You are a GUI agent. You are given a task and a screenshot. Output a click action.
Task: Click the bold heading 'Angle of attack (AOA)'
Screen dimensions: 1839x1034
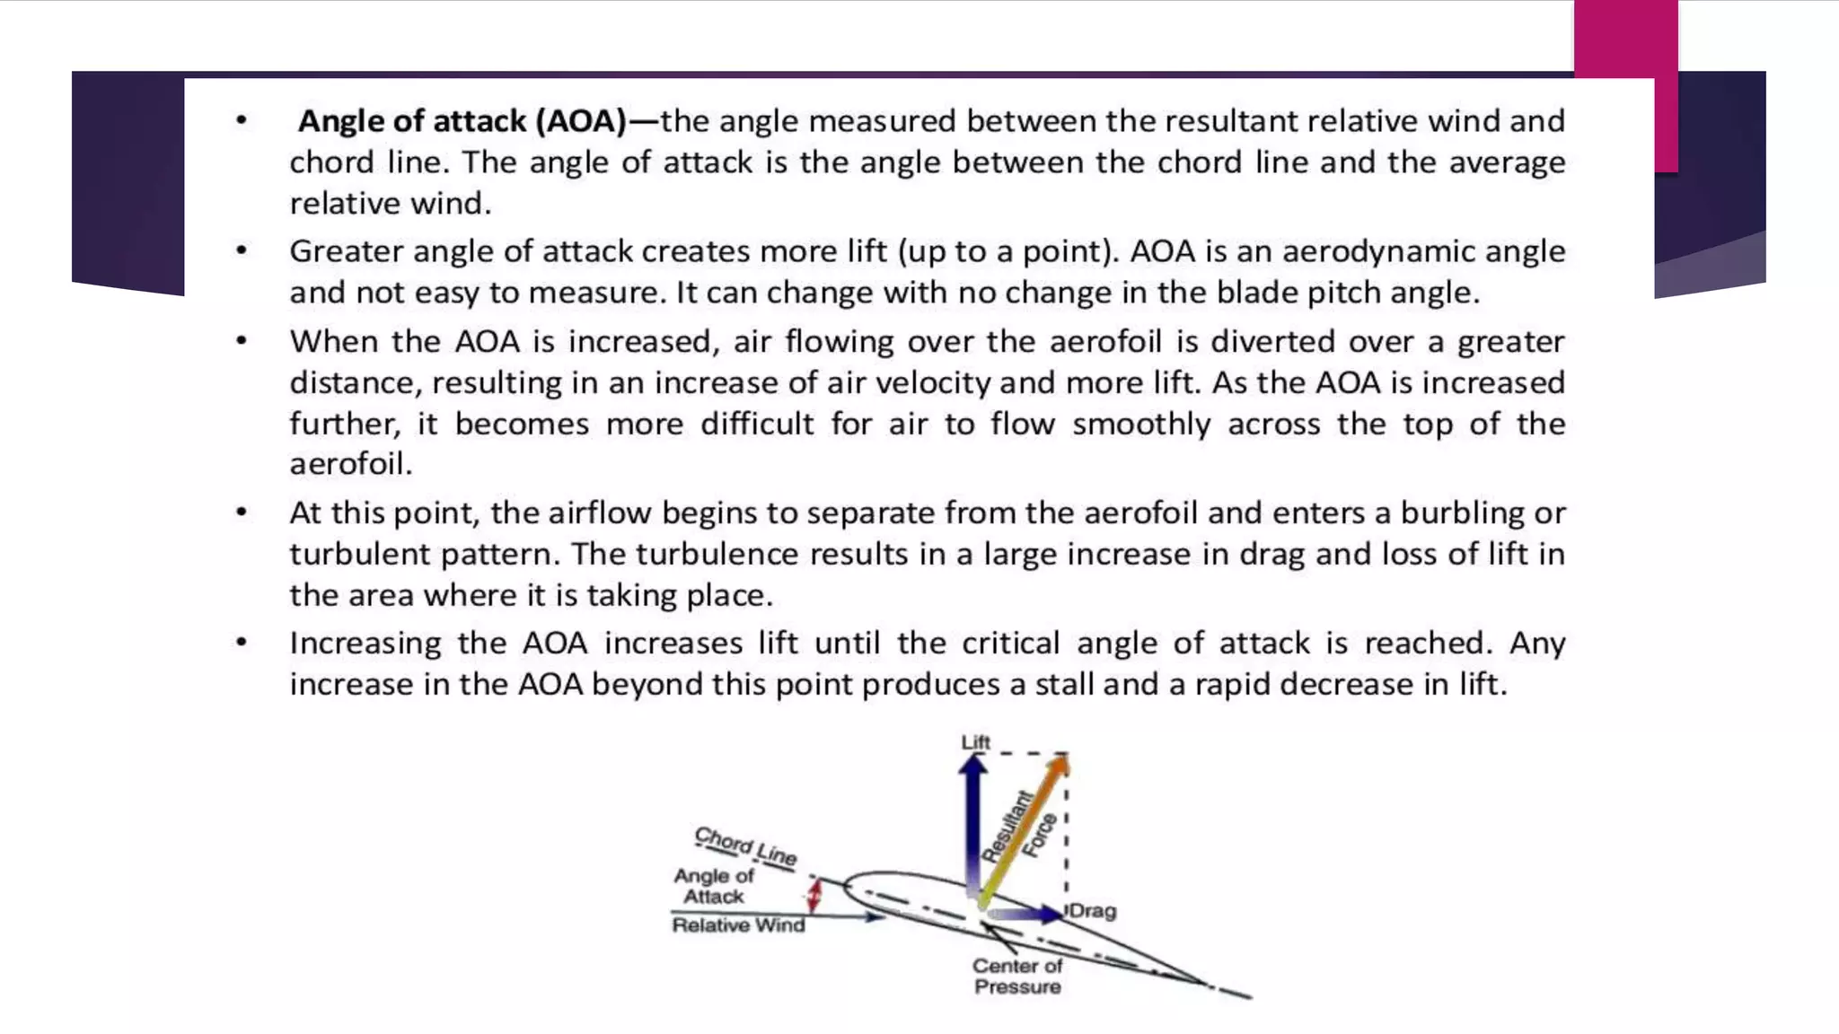462,121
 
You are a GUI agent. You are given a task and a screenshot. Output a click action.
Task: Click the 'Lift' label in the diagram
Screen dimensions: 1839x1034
975,742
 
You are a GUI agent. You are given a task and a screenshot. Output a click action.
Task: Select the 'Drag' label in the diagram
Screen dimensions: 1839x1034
1093,910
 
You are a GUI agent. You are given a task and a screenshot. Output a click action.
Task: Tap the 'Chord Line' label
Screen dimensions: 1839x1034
745,846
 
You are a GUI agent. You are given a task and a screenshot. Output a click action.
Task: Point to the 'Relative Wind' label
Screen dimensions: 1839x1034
738,925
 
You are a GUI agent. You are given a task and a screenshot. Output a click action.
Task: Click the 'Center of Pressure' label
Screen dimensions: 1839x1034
1017,977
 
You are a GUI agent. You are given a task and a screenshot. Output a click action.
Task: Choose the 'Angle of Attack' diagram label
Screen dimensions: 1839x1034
714,886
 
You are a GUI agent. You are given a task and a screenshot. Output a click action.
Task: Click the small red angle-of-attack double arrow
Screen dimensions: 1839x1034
814,895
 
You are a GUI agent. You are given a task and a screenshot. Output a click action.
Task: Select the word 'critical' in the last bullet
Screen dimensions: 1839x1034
1010,644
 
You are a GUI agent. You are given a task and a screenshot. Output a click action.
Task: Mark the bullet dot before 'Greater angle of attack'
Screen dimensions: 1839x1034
242,251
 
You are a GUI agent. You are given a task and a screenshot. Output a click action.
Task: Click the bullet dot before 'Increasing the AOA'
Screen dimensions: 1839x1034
242,643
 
